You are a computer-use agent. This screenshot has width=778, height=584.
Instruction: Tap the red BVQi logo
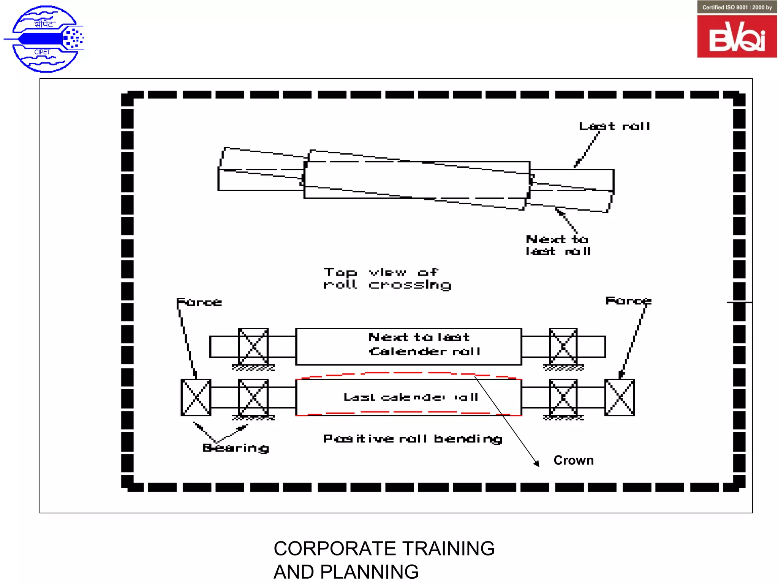pyautogui.click(x=737, y=37)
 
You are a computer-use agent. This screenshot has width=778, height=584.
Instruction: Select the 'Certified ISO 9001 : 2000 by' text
pyautogui.click(x=737, y=7)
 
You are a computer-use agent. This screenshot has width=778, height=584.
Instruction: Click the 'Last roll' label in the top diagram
pyautogui.click(x=614, y=126)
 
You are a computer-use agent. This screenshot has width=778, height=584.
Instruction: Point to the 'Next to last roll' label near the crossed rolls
pyautogui.click(x=558, y=245)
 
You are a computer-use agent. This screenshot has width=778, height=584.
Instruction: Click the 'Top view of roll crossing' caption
pyautogui.click(x=387, y=279)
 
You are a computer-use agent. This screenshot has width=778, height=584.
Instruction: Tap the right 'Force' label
pyautogui.click(x=628, y=301)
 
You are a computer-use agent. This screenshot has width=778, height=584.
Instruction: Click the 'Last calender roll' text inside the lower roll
pyautogui.click(x=411, y=397)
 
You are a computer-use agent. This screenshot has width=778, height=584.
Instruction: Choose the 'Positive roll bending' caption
pyautogui.click(x=413, y=439)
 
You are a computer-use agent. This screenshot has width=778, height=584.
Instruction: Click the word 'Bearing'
pyautogui.click(x=236, y=448)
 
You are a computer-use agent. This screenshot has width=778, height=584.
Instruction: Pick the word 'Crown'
pyautogui.click(x=573, y=460)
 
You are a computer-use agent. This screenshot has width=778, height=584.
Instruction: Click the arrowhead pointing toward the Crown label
pyautogui.click(x=536, y=463)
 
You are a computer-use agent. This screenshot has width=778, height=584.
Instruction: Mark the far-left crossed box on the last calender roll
pyautogui.click(x=196, y=397)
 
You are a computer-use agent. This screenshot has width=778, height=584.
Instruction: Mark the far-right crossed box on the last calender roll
pyautogui.click(x=620, y=397)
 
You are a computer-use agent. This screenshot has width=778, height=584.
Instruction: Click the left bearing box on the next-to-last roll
pyautogui.click(x=253, y=346)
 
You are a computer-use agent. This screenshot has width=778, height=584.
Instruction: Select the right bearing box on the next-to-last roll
pyautogui.click(x=563, y=346)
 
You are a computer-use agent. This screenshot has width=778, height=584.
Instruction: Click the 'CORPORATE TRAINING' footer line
pyautogui.click(x=384, y=549)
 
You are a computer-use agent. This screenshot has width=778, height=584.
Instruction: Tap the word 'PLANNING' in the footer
pyautogui.click(x=369, y=572)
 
